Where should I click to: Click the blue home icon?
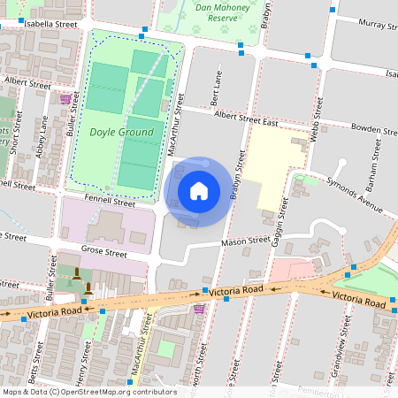199,191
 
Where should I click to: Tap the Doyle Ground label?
122,133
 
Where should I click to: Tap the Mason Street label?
245,240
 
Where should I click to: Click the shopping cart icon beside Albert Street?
65,99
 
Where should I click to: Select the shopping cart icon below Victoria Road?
200,309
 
